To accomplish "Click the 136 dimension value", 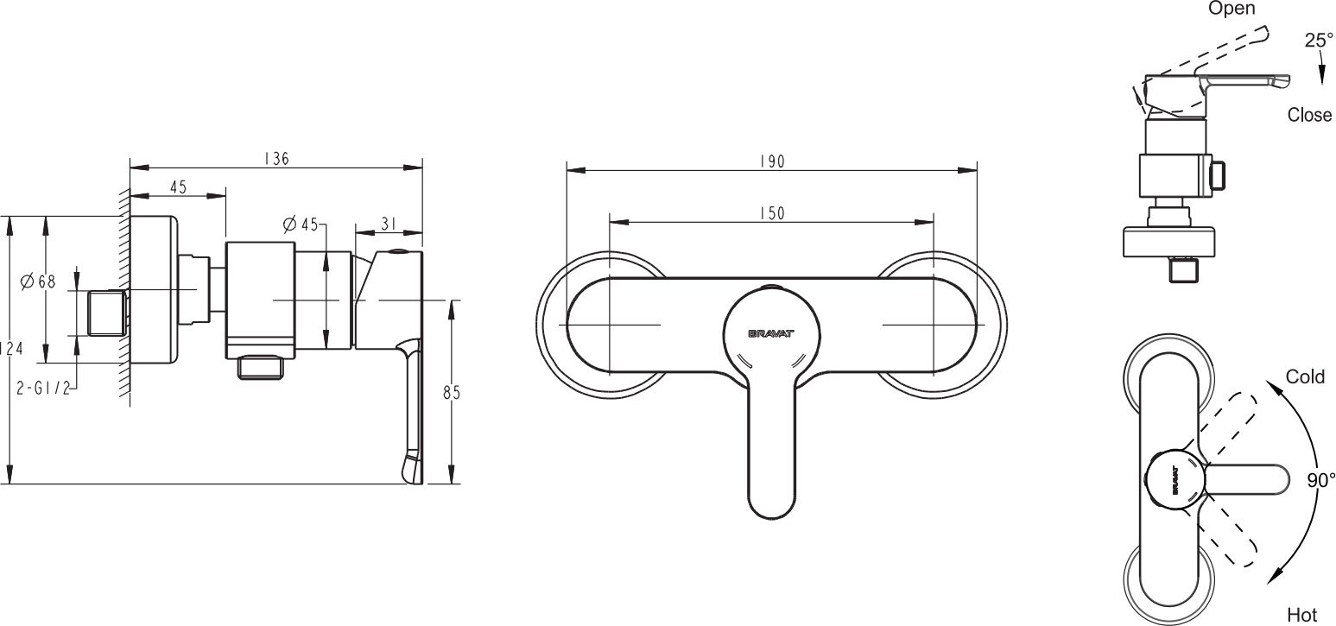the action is (x=276, y=159).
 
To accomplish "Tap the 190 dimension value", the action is (x=772, y=161).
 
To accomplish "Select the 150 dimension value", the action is (x=772, y=213).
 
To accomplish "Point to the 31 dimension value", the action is (x=389, y=224).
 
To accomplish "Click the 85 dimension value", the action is (x=452, y=393).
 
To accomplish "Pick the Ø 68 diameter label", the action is (x=38, y=281).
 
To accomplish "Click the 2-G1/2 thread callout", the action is (x=43, y=389).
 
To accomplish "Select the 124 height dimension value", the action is (x=11, y=348).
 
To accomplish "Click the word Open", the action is (x=1232, y=9).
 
